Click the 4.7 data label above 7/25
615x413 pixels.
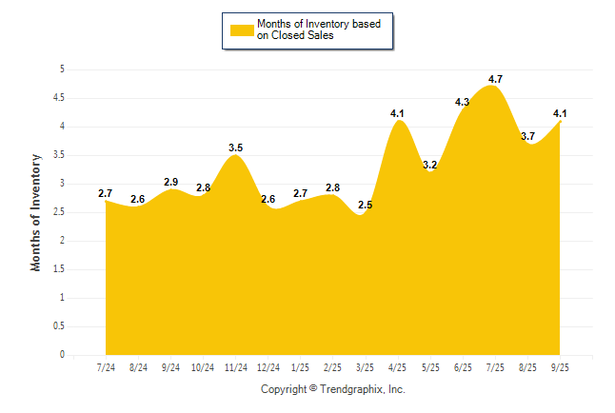point(495,79)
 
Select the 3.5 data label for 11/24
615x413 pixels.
point(236,147)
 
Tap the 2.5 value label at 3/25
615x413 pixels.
point(367,205)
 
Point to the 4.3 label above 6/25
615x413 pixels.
point(463,102)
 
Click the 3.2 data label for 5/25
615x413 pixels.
point(430,165)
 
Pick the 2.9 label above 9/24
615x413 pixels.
point(170,182)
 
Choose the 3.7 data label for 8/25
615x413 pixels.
point(528,136)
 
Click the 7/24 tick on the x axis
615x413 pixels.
point(106,366)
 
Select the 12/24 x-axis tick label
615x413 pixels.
point(268,366)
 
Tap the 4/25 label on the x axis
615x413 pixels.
point(399,366)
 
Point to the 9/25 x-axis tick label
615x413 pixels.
point(561,366)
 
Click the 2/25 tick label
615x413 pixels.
point(333,366)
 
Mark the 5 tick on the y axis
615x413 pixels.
point(62,69)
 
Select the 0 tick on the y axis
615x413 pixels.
point(62,355)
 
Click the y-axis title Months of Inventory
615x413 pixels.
point(36,212)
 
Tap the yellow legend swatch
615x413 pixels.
point(241,29)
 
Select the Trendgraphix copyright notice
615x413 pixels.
point(333,389)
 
